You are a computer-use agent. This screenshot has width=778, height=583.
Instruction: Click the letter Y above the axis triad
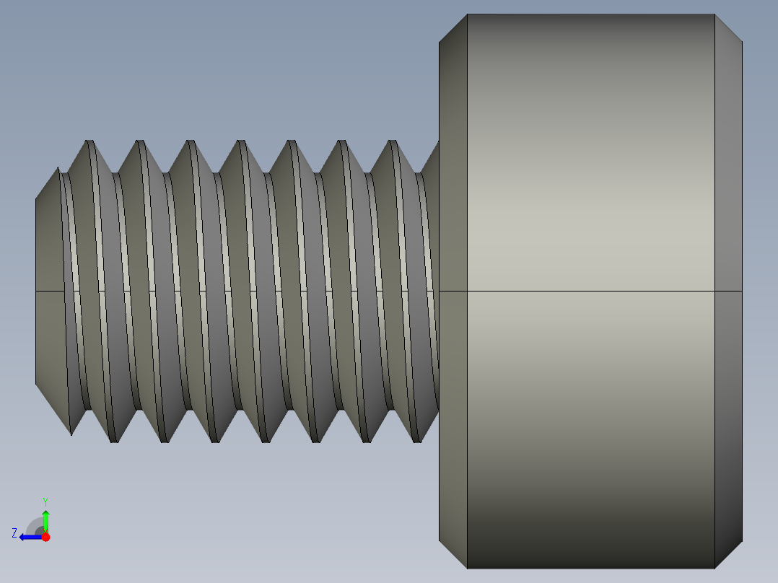45,501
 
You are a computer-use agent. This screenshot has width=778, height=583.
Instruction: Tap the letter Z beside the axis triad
14,533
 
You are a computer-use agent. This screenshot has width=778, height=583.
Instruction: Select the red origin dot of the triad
45,537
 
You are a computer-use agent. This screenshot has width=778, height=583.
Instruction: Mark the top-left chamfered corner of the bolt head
453,28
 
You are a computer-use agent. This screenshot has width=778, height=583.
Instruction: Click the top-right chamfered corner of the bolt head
728,28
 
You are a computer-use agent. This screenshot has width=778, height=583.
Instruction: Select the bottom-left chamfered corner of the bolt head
453,554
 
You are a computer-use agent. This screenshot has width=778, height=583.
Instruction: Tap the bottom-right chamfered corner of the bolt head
728,554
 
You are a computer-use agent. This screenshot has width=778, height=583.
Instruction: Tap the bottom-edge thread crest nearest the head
417,439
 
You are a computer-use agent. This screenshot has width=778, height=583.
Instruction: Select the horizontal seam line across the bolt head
590,291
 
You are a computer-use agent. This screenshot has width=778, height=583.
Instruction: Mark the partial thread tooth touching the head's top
432,162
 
